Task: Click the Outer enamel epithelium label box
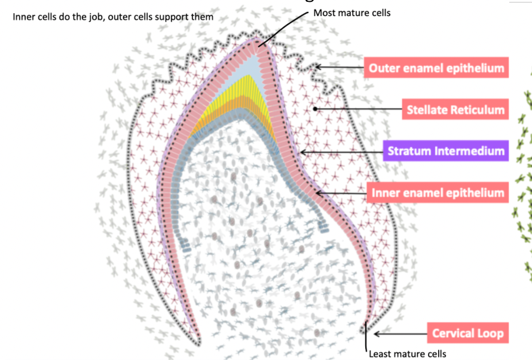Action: click(x=436, y=68)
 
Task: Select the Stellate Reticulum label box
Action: click(x=455, y=109)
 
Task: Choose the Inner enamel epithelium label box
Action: click(x=438, y=193)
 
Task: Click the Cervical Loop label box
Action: click(x=467, y=333)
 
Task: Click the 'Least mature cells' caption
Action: click(x=407, y=354)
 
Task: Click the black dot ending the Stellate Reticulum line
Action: click(x=316, y=109)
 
